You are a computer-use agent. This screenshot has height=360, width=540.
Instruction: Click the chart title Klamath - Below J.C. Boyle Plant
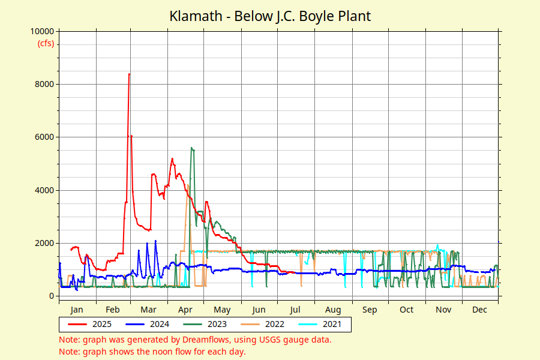(270, 16)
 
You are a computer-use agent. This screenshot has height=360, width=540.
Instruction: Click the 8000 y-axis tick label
(44, 85)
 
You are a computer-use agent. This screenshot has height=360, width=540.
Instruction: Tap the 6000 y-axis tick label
(44, 137)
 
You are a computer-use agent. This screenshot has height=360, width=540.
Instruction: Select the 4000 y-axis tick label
(44, 190)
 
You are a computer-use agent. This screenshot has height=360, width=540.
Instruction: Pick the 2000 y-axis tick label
(44, 243)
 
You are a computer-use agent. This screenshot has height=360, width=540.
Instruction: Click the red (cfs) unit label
(46, 43)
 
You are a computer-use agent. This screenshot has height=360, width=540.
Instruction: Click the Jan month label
(76, 310)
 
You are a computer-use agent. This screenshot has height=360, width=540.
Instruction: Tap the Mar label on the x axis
(148, 310)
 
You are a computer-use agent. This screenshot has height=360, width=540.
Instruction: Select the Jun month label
(259, 310)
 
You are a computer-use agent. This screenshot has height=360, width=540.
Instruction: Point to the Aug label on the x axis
(333, 310)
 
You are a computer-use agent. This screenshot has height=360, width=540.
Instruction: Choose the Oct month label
(407, 310)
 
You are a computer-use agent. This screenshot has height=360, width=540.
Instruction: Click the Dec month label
(479, 310)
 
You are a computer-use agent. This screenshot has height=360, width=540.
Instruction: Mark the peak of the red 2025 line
(129, 74)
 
